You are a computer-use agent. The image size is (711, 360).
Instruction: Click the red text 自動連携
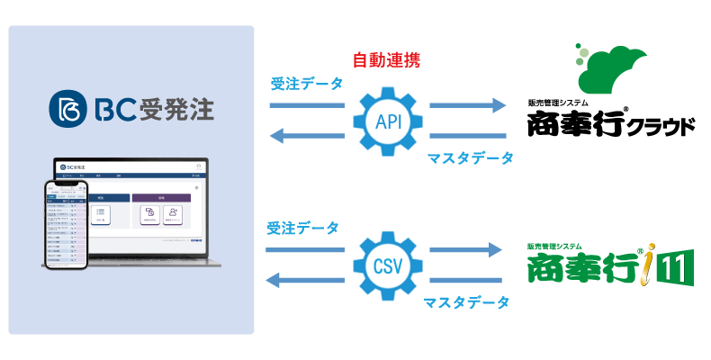(x=387, y=61)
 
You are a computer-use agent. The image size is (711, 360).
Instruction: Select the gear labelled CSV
(x=387, y=265)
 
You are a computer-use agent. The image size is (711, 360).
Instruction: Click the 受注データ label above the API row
(x=306, y=85)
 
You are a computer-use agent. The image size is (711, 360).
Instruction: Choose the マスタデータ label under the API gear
(x=468, y=158)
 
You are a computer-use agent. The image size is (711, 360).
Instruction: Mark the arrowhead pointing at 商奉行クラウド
(x=497, y=106)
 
